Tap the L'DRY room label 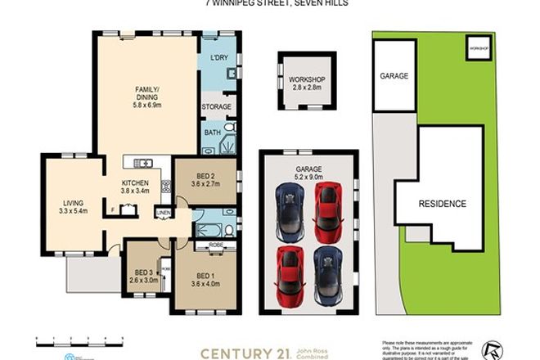click(x=218, y=58)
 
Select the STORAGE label click(x=217, y=106)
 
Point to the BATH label click(x=212, y=133)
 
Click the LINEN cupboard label click(x=164, y=214)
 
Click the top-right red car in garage click(x=328, y=205)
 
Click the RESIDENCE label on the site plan click(x=443, y=204)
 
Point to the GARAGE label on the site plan click(x=394, y=75)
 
